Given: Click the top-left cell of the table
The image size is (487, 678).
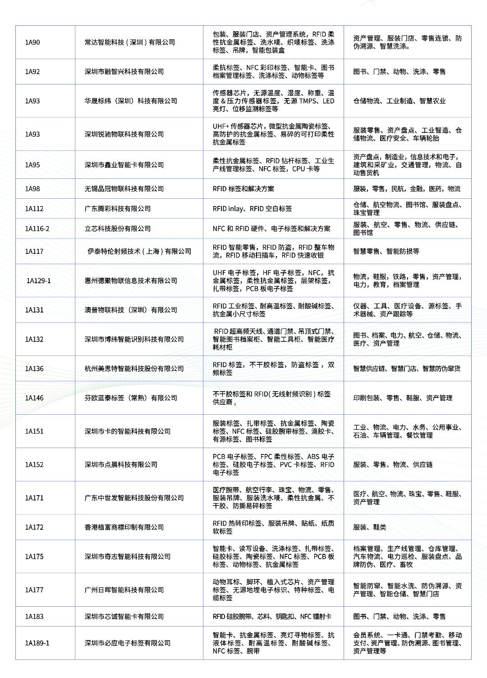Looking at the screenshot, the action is pos(45,42).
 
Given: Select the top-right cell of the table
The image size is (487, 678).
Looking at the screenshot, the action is pos(407,42).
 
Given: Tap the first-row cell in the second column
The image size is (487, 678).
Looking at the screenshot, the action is pos(139,42).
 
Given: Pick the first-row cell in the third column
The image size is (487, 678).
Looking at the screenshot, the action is pos(273,42).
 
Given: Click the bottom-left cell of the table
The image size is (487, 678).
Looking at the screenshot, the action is pos(45,643).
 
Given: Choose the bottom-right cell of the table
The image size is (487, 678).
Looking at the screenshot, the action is pos(407,643).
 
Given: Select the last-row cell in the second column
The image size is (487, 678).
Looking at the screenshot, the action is pos(139,643).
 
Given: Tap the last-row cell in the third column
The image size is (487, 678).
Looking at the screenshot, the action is pos(273,643).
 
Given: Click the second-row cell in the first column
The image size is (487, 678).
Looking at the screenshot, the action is pos(45,71).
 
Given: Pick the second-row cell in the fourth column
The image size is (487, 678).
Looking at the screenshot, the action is pos(407,71).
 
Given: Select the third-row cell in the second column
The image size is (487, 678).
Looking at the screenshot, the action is pos(139,101).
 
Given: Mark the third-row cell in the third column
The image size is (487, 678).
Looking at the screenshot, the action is pos(273,101).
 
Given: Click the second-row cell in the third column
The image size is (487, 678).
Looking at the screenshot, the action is pos(273,71).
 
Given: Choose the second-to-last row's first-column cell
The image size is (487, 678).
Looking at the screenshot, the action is pos(45,616).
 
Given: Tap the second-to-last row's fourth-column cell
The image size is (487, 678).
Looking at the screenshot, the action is pos(407,616).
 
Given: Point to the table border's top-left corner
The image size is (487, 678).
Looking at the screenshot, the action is pos(16,25).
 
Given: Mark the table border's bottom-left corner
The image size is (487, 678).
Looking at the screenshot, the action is pos(16,659).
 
